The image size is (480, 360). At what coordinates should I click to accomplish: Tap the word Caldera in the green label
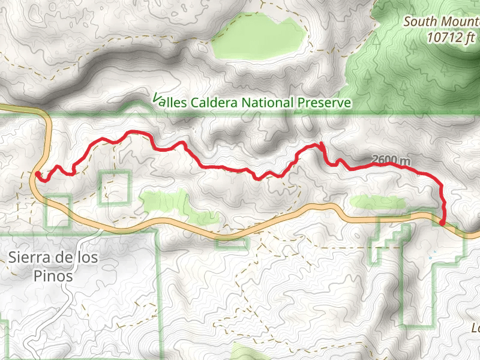[214, 103]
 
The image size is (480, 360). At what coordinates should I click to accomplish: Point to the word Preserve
[323, 103]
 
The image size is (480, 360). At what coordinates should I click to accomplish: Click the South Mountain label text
[441, 22]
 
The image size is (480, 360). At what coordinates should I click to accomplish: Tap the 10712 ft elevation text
[453, 37]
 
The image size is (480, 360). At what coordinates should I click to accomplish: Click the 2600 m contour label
[391, 160]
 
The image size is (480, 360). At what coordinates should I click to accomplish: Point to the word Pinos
[54, 277]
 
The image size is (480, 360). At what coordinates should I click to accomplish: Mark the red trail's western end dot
[37, 174]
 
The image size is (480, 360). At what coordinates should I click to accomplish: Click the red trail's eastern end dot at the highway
[443, 223]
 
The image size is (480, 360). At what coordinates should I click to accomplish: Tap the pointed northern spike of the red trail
[322, 144]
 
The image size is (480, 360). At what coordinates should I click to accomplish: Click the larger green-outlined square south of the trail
[115, 187]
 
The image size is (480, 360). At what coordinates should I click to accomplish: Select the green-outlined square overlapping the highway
[59, 211]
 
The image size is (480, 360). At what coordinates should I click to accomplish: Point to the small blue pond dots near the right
[430, 258]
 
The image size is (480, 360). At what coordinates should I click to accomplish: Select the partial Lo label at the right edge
[475, 328]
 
